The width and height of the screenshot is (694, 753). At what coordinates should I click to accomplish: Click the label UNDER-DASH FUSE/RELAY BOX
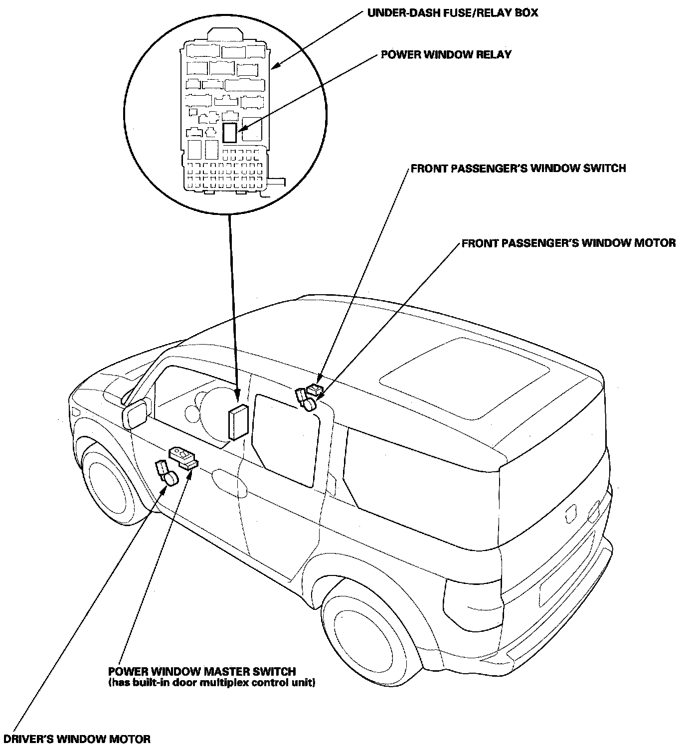[x=453, y=12]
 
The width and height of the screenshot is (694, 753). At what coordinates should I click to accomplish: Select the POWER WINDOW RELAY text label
[x=446, y=54]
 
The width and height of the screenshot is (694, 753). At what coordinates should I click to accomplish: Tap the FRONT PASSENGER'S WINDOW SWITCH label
[x=519, y=169]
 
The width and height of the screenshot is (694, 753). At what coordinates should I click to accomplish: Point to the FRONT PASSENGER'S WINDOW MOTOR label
[x=568, y=243]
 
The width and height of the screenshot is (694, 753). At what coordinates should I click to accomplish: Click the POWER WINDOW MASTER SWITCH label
[x=202, y=672]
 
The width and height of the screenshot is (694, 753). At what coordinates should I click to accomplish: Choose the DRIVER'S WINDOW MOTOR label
[x=77, y=740]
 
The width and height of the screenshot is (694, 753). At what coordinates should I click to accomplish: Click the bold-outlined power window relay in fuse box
[x=229, y=133]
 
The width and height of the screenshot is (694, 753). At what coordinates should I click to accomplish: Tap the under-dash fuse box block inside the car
[x=238, y=422]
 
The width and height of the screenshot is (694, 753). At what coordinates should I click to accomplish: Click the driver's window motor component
[x=167, y=474]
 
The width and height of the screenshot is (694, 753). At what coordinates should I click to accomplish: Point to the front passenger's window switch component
[x=315, y=389]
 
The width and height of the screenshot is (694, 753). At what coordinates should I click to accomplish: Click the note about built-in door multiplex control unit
[x=211, y=683]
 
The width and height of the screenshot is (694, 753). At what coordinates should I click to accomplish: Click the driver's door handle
[x=230, y=482]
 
